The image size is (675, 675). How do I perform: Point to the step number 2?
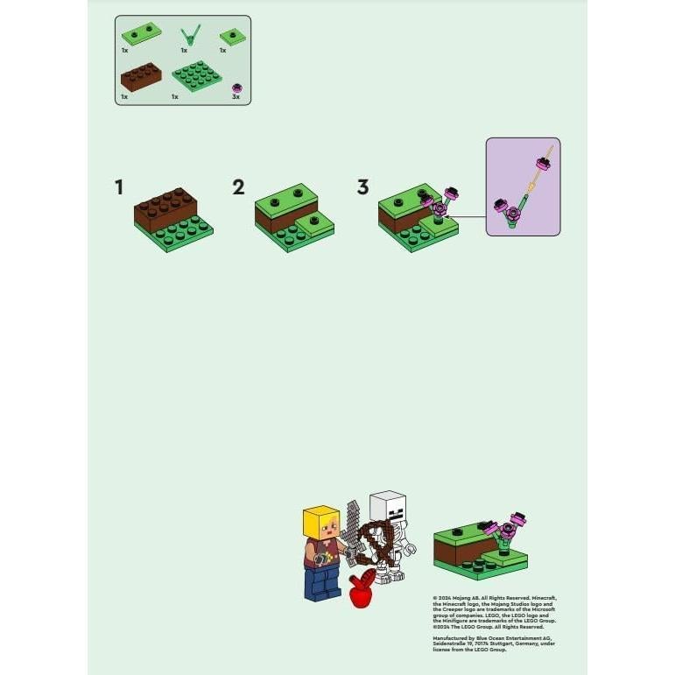[238, 186]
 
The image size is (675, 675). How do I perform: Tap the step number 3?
[363, 186]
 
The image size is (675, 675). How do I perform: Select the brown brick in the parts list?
[140, 77]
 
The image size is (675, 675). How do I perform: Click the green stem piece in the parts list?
[186, 36]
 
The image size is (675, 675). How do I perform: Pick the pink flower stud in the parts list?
[236, 88]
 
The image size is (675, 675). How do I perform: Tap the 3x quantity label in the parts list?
[236, 97]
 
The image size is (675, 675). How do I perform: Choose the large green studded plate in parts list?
[197, 77]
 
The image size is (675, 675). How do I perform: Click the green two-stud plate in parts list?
[141, 34]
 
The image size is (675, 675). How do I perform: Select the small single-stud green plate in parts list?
[230, 36]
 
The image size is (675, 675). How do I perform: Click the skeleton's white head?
[387, 507]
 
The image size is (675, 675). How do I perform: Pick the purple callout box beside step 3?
[523, 186]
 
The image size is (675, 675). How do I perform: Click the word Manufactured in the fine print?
[451, 638]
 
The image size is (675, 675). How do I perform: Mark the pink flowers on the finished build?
[506, 525]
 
